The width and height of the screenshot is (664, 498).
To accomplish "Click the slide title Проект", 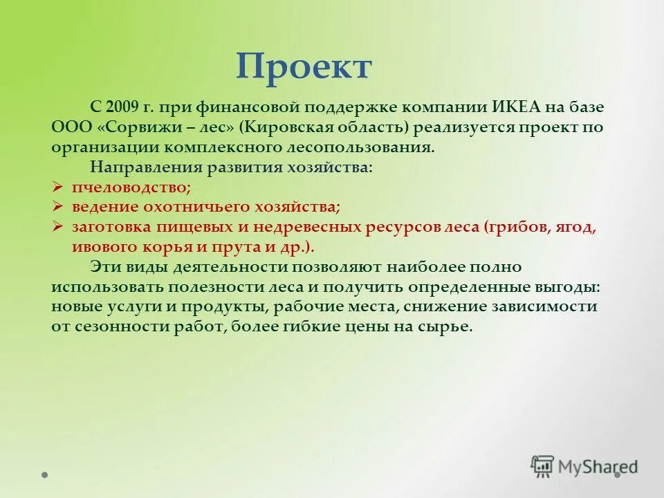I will coord(304,67).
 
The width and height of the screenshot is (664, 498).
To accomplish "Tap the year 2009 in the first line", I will coord(122,108).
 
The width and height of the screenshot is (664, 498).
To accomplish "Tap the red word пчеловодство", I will coord(131,187).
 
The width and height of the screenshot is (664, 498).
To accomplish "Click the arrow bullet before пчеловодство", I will coord(58,187).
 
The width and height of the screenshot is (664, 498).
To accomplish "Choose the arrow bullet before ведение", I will coord(58,207).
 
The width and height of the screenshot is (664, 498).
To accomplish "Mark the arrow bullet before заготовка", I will coord(58,227).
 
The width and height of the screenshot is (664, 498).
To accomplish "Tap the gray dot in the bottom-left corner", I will coord(45,475).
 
